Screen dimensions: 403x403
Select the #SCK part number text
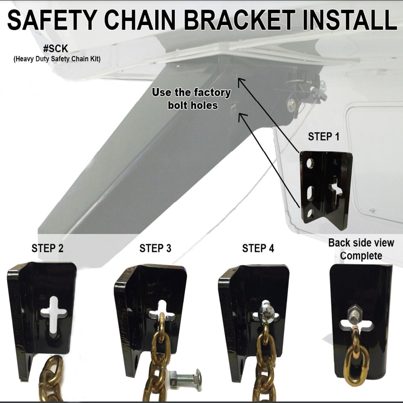pos(55,49)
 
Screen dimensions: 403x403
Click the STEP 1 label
pos(324,137)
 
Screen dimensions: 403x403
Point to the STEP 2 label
pos(48,248)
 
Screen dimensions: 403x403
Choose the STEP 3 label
pos(156,248)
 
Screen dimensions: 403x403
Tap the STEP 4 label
pos(258,248)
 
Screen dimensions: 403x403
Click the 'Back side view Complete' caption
pos(361,249)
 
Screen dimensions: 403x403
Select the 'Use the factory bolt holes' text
pos(191,99)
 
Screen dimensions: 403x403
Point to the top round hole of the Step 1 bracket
pos(310,163)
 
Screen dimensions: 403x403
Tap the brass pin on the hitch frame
pos(290,106)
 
